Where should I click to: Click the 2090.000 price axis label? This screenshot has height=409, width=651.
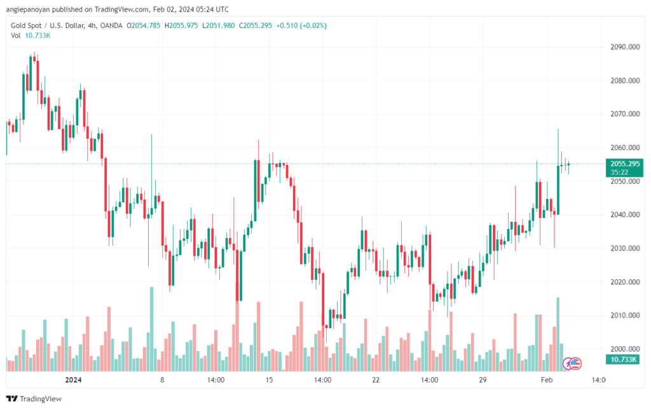[x=625, y=47]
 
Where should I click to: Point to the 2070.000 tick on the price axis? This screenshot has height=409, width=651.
[x=625, y=114]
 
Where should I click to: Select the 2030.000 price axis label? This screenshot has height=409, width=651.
[x=625, y=248]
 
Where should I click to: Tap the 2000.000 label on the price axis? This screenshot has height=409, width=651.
[x=625, y=349]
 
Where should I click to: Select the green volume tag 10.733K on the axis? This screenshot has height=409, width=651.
[x=624, y=360]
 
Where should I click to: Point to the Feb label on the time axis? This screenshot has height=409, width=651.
[x=545, y=380]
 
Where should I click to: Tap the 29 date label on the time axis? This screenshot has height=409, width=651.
[x=483, y=380]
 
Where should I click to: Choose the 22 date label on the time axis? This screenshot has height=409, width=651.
[x=376, y=380]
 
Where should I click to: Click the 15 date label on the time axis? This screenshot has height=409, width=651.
[x=270, y=380]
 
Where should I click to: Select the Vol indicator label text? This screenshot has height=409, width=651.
[x=16, y=35]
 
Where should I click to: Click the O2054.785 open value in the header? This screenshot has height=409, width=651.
[x=144, y=25]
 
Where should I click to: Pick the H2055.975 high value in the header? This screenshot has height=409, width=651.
[x=182, y=25]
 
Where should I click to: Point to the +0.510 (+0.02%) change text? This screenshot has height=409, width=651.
[x=302, y=25]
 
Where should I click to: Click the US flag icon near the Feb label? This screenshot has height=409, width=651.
[x=575, y=364]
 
